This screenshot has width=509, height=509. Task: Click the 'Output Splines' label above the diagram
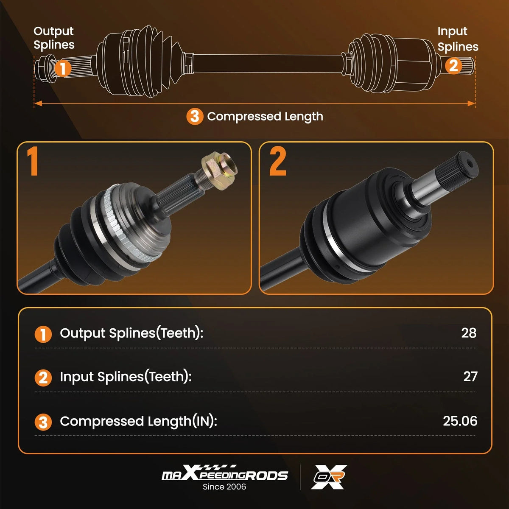pyautogui.click(x=54, y=38)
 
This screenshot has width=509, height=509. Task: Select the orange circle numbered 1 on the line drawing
pyautogui.click(x=63, y=69)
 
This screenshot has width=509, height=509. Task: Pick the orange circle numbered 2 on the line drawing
pyautogui.click(x=453, y=65)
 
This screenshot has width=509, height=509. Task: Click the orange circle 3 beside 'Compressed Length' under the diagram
pyautogui.click(x=195, y=117)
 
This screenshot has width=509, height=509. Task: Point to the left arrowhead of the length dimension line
pyautogui.click(x=38, y=103)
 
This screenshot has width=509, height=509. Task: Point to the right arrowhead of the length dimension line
pyautogui.click(x=471, y=103)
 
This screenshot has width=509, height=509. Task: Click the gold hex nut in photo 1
pyautogui.click(x=219, y=171)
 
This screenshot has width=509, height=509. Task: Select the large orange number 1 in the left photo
pyautogui.click(x=33, y=161)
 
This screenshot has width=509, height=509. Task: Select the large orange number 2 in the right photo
pyautogui.click(x=277, y=161)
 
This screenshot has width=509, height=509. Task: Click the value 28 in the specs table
pyautogui.click(x=469, y=333)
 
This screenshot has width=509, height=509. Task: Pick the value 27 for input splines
pyautogui.click(x=470, y=377)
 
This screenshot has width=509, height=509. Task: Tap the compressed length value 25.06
pyautogui.click(x=460, y=421)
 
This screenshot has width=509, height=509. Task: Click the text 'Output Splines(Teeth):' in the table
pyautogui.click(x=131, y=333)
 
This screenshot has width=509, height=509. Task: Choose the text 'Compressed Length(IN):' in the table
pyautogui.click(x=138, y=421)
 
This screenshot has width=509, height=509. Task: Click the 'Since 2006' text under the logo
pyautogui.click(x=224, y=487)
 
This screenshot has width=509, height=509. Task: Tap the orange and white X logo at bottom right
pyautogui.click(x=329, y=477)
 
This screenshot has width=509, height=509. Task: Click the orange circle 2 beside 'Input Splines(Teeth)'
pyautogui.click(x=43, y=378)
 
